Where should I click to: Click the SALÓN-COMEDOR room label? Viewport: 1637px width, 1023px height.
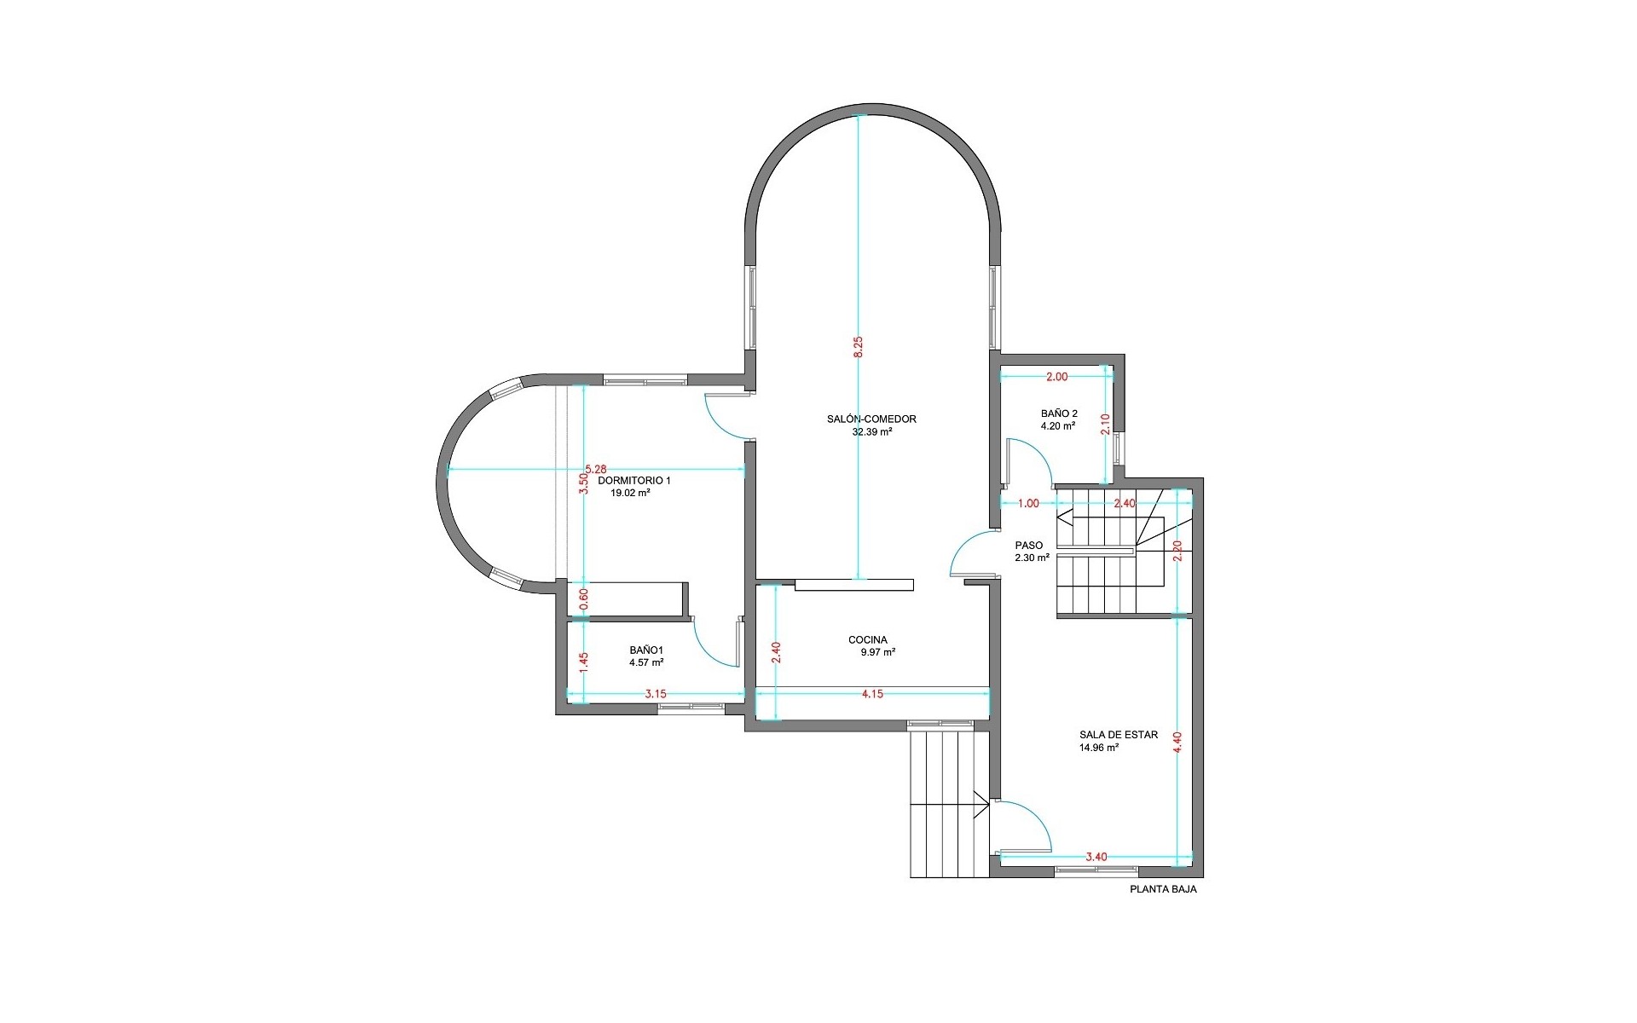871,419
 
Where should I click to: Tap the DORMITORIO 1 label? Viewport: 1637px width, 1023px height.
634,481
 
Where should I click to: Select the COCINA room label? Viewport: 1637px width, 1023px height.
868,640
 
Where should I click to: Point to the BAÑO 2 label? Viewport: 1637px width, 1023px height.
1059,414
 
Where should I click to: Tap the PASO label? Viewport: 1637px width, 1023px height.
1029,546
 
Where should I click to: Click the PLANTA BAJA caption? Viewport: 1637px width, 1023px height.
1163,889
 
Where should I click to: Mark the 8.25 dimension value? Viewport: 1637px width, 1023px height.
859,347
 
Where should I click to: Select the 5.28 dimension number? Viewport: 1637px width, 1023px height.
596,469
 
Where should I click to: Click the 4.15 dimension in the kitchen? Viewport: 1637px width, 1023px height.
872,694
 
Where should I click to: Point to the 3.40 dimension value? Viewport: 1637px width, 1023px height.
1096,857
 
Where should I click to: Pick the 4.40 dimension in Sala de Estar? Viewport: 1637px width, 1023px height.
1177,743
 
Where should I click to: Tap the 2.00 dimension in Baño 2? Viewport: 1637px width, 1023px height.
1056,377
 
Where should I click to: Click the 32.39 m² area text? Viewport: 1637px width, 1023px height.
872,432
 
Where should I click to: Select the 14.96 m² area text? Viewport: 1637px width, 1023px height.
1099,748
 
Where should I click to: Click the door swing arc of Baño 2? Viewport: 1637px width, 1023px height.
1040,452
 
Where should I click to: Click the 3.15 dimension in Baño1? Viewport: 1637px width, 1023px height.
656,694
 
